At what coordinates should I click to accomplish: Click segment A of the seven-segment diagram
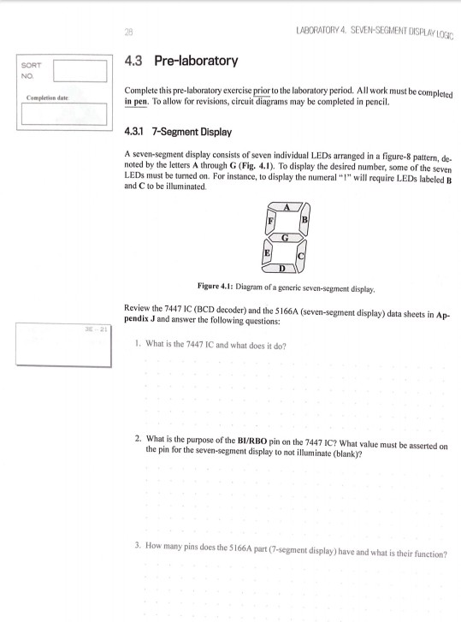pyautogui.click(x=286, y=207)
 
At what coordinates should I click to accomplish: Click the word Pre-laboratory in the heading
pyautogui.click(x=199, y=62)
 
